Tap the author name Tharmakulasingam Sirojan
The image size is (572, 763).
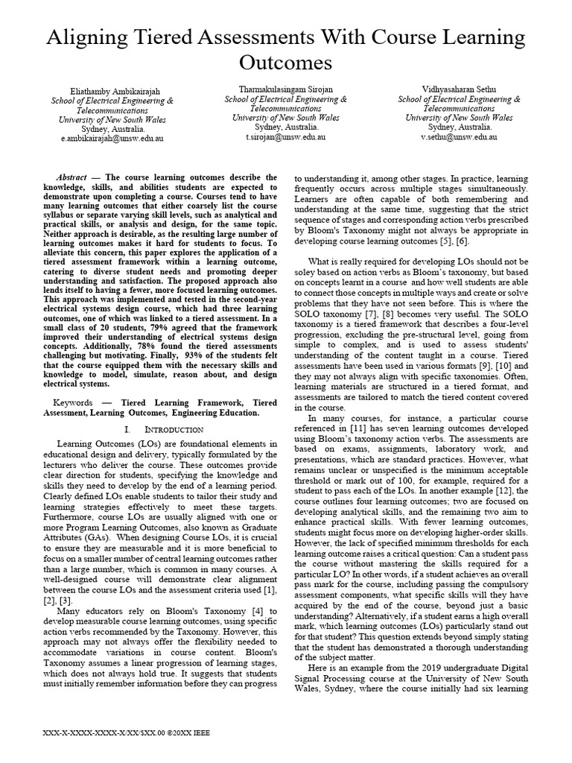(286, 89)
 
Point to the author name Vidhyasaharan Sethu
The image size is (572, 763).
(459, 89)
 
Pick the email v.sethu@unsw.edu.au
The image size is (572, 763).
(459, 137)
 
